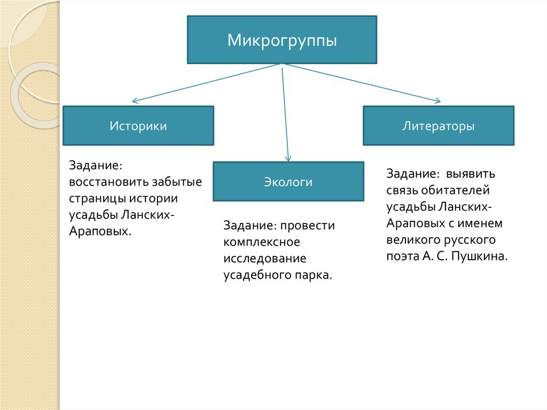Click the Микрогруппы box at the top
(x=282, y=40)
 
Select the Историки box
(x=138, y=126)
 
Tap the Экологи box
(x=288, y=182)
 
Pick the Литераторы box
(x=438, y=126)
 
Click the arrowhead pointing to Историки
(x=134, y=100)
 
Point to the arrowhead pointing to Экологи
(x=288, y=158)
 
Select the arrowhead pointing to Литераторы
(x=438, y=101)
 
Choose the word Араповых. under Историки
(x=100, y=231)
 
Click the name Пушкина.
(x=479, y=256)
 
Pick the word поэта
(x=401, y=256)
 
